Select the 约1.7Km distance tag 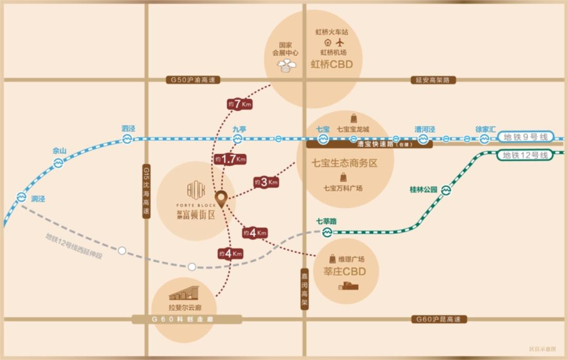pyautogui.click(x=230, y=159)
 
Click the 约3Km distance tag pyautogui.click(x=266, y=183)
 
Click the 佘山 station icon pyautogui.click(x=58, y=163)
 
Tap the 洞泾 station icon pyautogui.click(x=22, y=197)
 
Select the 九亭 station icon pyautogui.click(x=238, y=139)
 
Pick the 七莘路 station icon pyautogui.click(x=327, y=232)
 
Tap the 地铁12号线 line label pyautogui.click(x=525, y=155)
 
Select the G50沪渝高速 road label pyautogui.click(x=193, y=80)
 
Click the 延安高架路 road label pyautogui.click(x=432, y=80)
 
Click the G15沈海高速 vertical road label pyautogui.click(x=147, y=192)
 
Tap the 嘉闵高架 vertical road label pyautogui.click(x=305, y=290)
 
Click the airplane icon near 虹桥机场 pyautogui.click(x=340, y=42)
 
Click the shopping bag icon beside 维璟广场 pyautogui.click(x=332, y=259)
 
